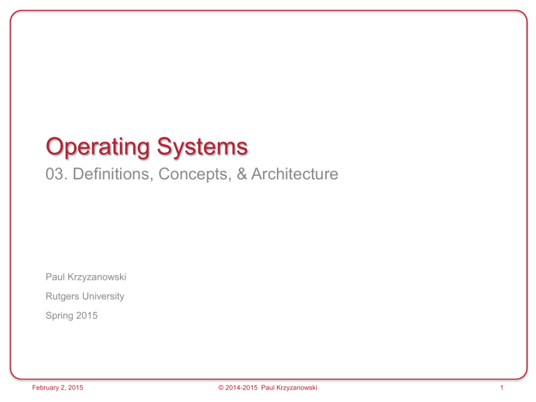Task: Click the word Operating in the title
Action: tap(98, 147)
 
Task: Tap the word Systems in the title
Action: tap(202, 147)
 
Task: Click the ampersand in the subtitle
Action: tap(241, 174)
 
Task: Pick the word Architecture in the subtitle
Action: tap(295, 174)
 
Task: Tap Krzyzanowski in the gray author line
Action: tap(97, 277)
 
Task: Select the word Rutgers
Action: tap(62, 297)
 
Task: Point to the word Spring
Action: tap(59, 315)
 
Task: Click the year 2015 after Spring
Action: tap(87, 315)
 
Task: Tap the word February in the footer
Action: tap(45, 387)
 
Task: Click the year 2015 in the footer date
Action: tap(75, 387)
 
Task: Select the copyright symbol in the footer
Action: tap(221, 387)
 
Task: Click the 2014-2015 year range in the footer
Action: tap(241, 387)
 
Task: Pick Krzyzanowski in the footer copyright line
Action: tap(297, 387)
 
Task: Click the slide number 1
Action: tap(502, 387)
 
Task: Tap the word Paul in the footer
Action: tap(268, 387)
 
